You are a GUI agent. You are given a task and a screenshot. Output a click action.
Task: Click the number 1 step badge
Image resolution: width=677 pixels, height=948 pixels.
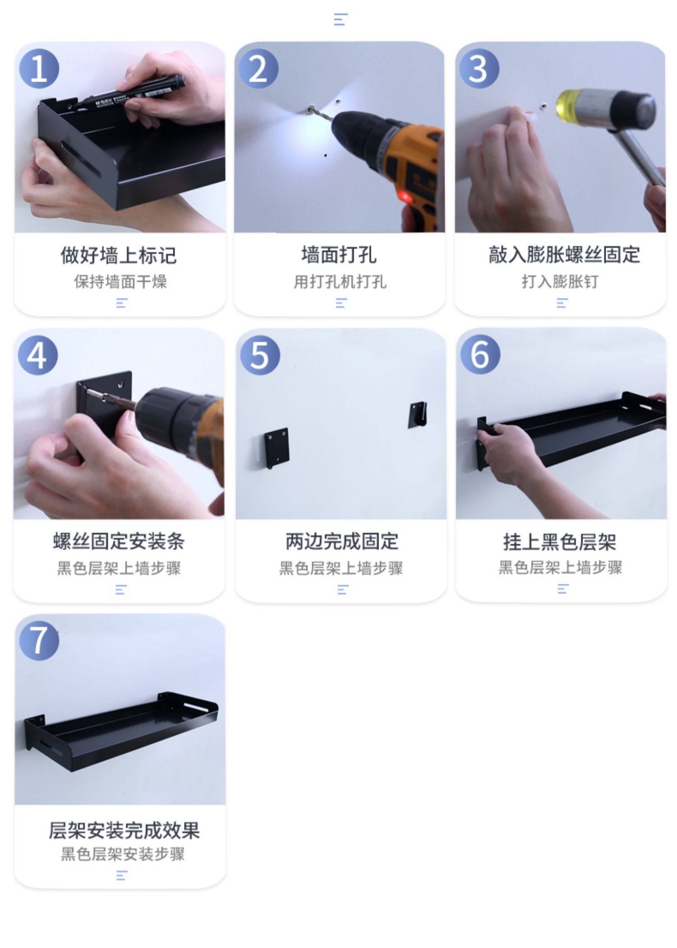tap(39, 69)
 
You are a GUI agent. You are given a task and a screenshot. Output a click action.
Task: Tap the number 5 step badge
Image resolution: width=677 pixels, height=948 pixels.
tap(260, 355)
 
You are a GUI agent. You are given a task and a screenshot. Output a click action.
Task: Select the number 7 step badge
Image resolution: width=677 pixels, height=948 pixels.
tap(39, 641)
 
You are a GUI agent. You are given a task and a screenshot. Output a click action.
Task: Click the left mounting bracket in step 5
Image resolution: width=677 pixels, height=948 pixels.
tap(277, 448)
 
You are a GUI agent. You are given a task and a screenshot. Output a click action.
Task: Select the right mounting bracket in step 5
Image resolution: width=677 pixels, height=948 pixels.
tap(417, 415)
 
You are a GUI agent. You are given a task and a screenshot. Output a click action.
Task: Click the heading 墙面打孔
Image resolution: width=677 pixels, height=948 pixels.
tap(339, 255)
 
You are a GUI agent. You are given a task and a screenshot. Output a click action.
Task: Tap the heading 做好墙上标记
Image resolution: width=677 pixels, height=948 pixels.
tap(119, 255)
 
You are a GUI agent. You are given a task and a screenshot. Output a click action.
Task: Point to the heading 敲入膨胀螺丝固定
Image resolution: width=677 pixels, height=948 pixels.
tap(564, 255)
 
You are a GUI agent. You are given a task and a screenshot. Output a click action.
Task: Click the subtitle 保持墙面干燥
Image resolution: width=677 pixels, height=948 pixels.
tap(121, 282)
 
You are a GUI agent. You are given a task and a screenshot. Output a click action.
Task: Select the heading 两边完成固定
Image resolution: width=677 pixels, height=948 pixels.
tap(342, 541)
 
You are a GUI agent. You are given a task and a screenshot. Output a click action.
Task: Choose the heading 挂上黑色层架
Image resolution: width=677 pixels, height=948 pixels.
tap(560, 542)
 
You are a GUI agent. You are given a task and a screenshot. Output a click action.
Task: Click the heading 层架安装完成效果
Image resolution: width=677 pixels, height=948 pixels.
tap(124, 830)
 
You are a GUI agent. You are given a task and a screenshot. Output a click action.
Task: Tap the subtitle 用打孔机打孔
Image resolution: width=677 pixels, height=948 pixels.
tap(340, 282)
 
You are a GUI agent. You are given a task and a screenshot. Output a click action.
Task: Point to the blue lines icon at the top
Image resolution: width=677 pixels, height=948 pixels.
tap(341, 19)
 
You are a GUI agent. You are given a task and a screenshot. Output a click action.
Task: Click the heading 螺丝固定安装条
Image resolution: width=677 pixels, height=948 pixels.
tap(119, 541)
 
